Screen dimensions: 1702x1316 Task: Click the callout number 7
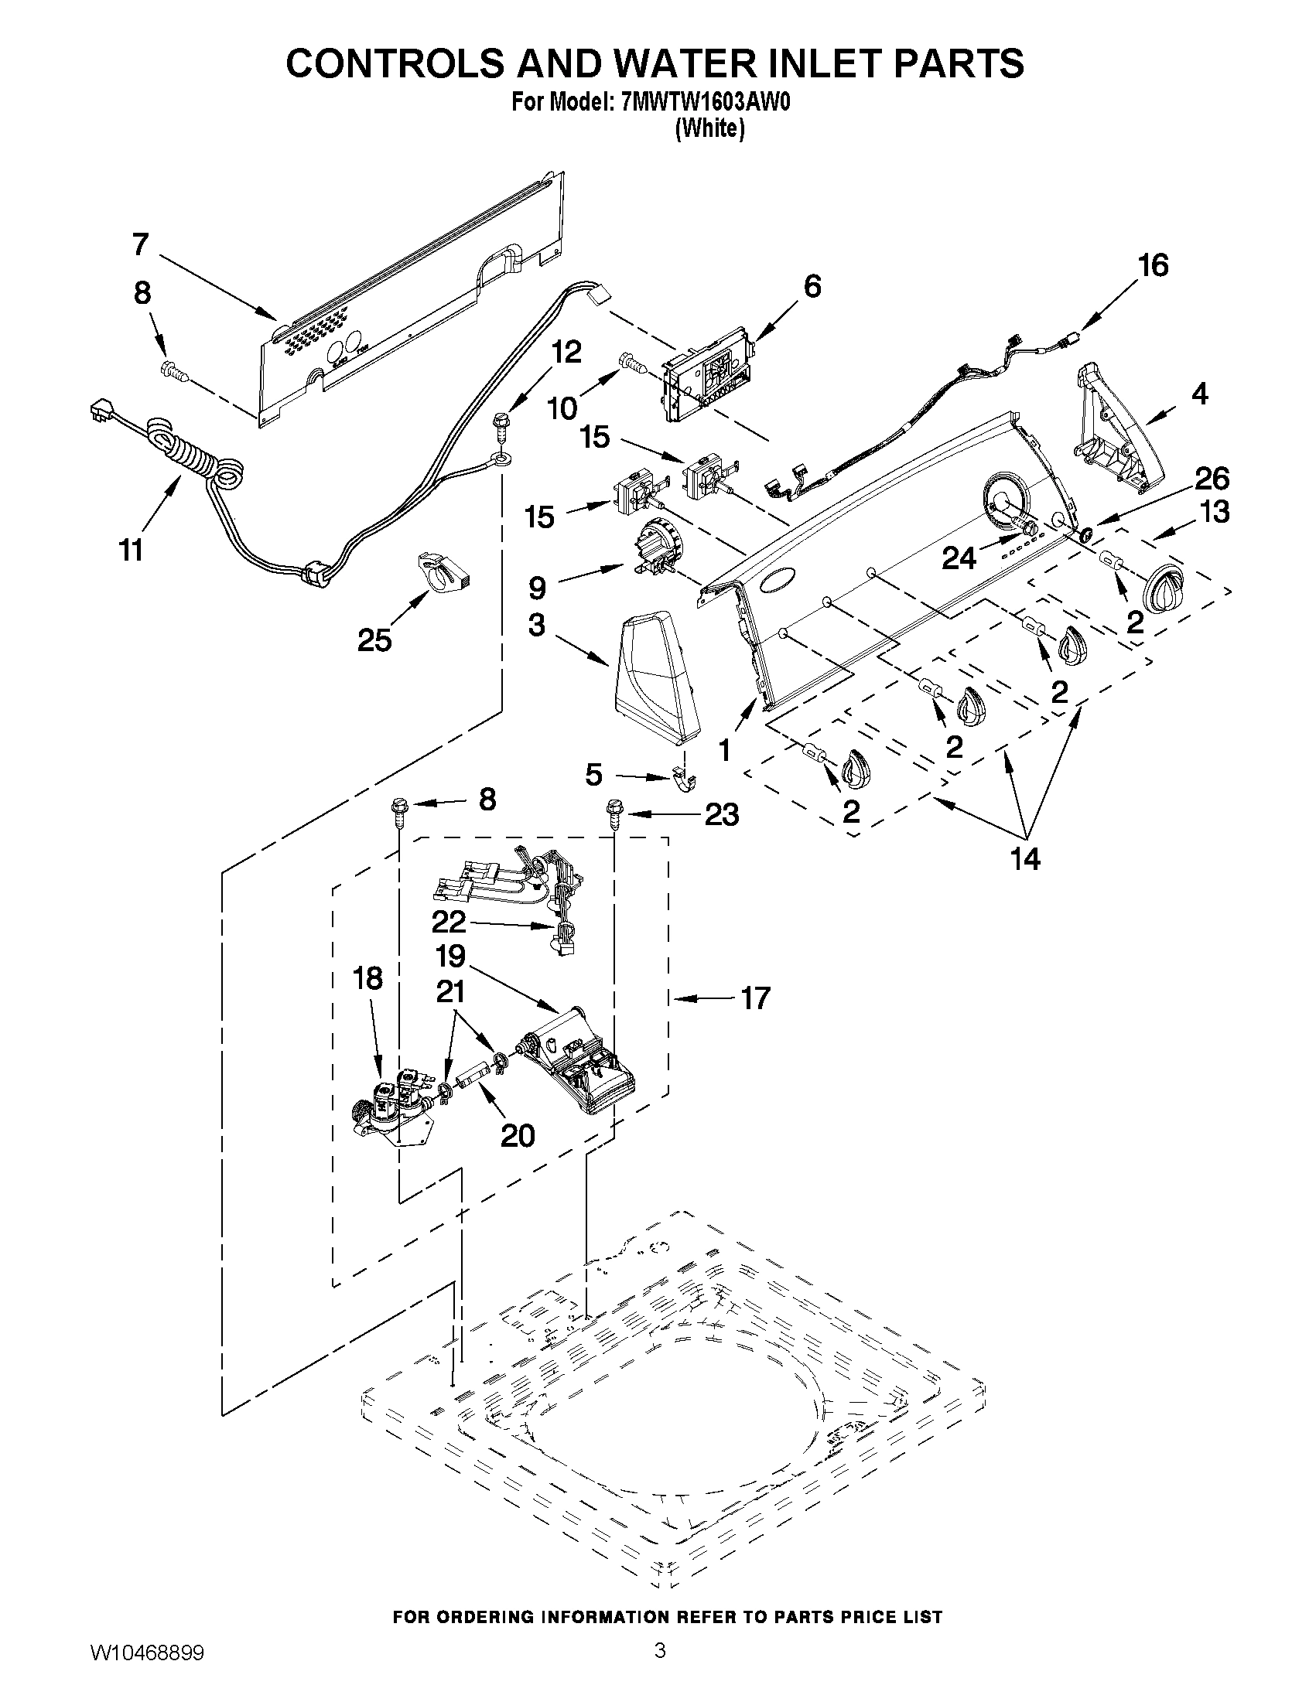pyautogui.click(x=140, y=244)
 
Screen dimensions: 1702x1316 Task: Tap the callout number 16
pyautogui.click(x=1153, y=266)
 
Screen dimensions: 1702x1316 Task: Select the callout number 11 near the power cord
pyautogui.click(x=132, y=549)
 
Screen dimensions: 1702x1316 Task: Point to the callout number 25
pyautogui.click(x=374, y=640)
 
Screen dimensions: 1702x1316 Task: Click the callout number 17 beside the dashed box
pyautogui.click(x=755, y=998)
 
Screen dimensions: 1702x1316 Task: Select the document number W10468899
pyautogui.click(x=148, y=1674)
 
